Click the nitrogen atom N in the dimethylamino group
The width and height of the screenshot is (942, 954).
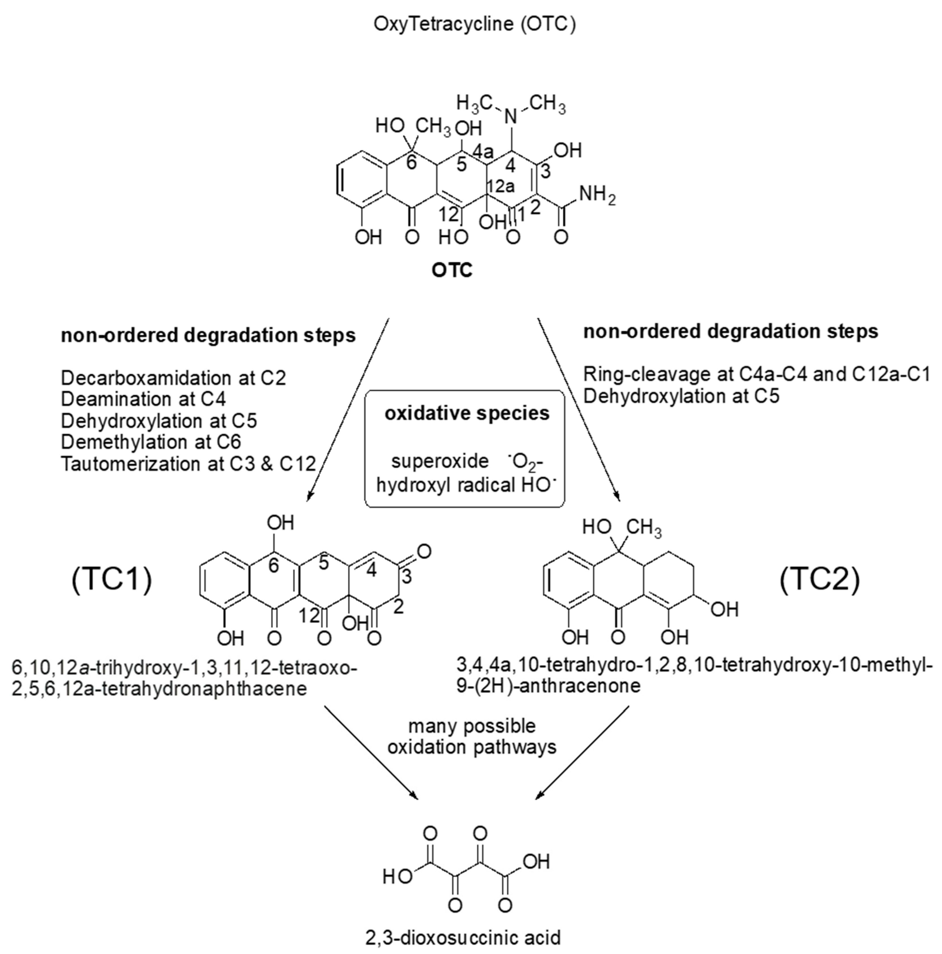point(512,117)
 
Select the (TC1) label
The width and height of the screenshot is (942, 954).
point(112,579)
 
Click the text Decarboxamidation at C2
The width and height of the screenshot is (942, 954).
point(173,378)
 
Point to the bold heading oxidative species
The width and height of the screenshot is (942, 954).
point(467,413)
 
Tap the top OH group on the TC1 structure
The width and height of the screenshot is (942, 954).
point(281,522)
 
